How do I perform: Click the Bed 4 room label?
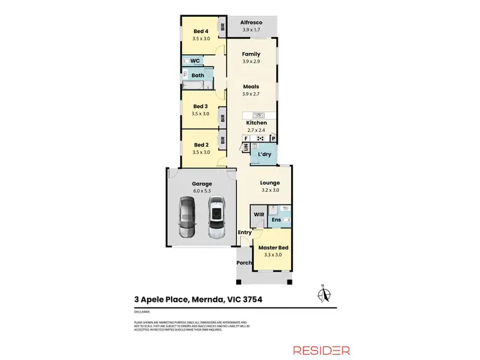201,30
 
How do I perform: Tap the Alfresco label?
251,21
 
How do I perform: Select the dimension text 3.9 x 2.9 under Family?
251,62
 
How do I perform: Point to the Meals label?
251,86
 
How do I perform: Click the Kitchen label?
257,123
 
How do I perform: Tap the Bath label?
197,75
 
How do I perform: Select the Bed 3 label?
200,106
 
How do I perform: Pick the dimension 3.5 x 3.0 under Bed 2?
201,152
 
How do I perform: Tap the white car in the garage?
217,215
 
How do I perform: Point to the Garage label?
202,184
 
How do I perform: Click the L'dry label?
264,155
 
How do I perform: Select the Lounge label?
270,183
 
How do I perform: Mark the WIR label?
259,214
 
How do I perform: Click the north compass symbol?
324,294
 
